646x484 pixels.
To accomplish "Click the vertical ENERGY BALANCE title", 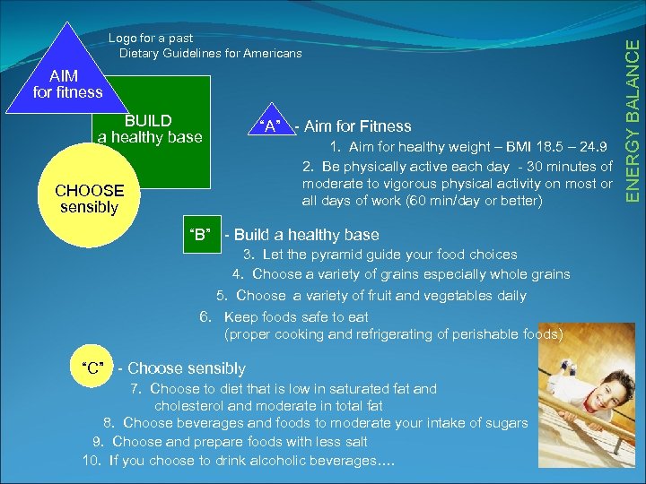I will pyautogui.click(x=633, y=112).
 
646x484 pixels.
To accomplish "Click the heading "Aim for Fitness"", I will pyautogui.click(x=358, y=126).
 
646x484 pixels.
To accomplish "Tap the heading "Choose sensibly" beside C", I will pyautogui.click(x=187, y=368).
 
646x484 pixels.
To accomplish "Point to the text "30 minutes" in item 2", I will pyautogui.click(x=560, y=167).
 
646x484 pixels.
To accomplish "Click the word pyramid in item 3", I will pyautogui.click(x=329, y=255).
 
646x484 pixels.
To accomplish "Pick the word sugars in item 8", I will pyautogui.click(x=506, y=423).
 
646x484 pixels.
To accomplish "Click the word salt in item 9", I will pyautogui.click(x=354, y=442).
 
